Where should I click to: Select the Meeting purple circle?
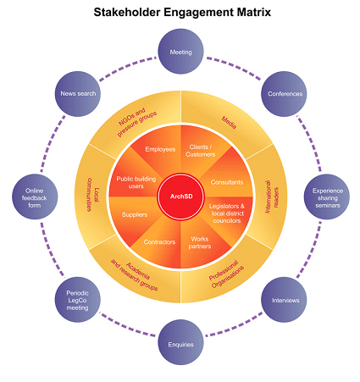(x=181, y=52)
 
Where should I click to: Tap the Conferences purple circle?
(x=285, y=94)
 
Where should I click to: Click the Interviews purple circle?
(x=285, y=301)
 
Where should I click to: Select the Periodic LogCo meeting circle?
(x=78, y=301)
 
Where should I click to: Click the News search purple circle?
(x=78, y=94)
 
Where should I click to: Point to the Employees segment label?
(x=160, y=150)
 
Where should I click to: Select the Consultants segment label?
(x=226, y=182)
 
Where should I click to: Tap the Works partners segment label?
(x=200, y=244)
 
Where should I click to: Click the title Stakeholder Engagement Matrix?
(x=180, y=14)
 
